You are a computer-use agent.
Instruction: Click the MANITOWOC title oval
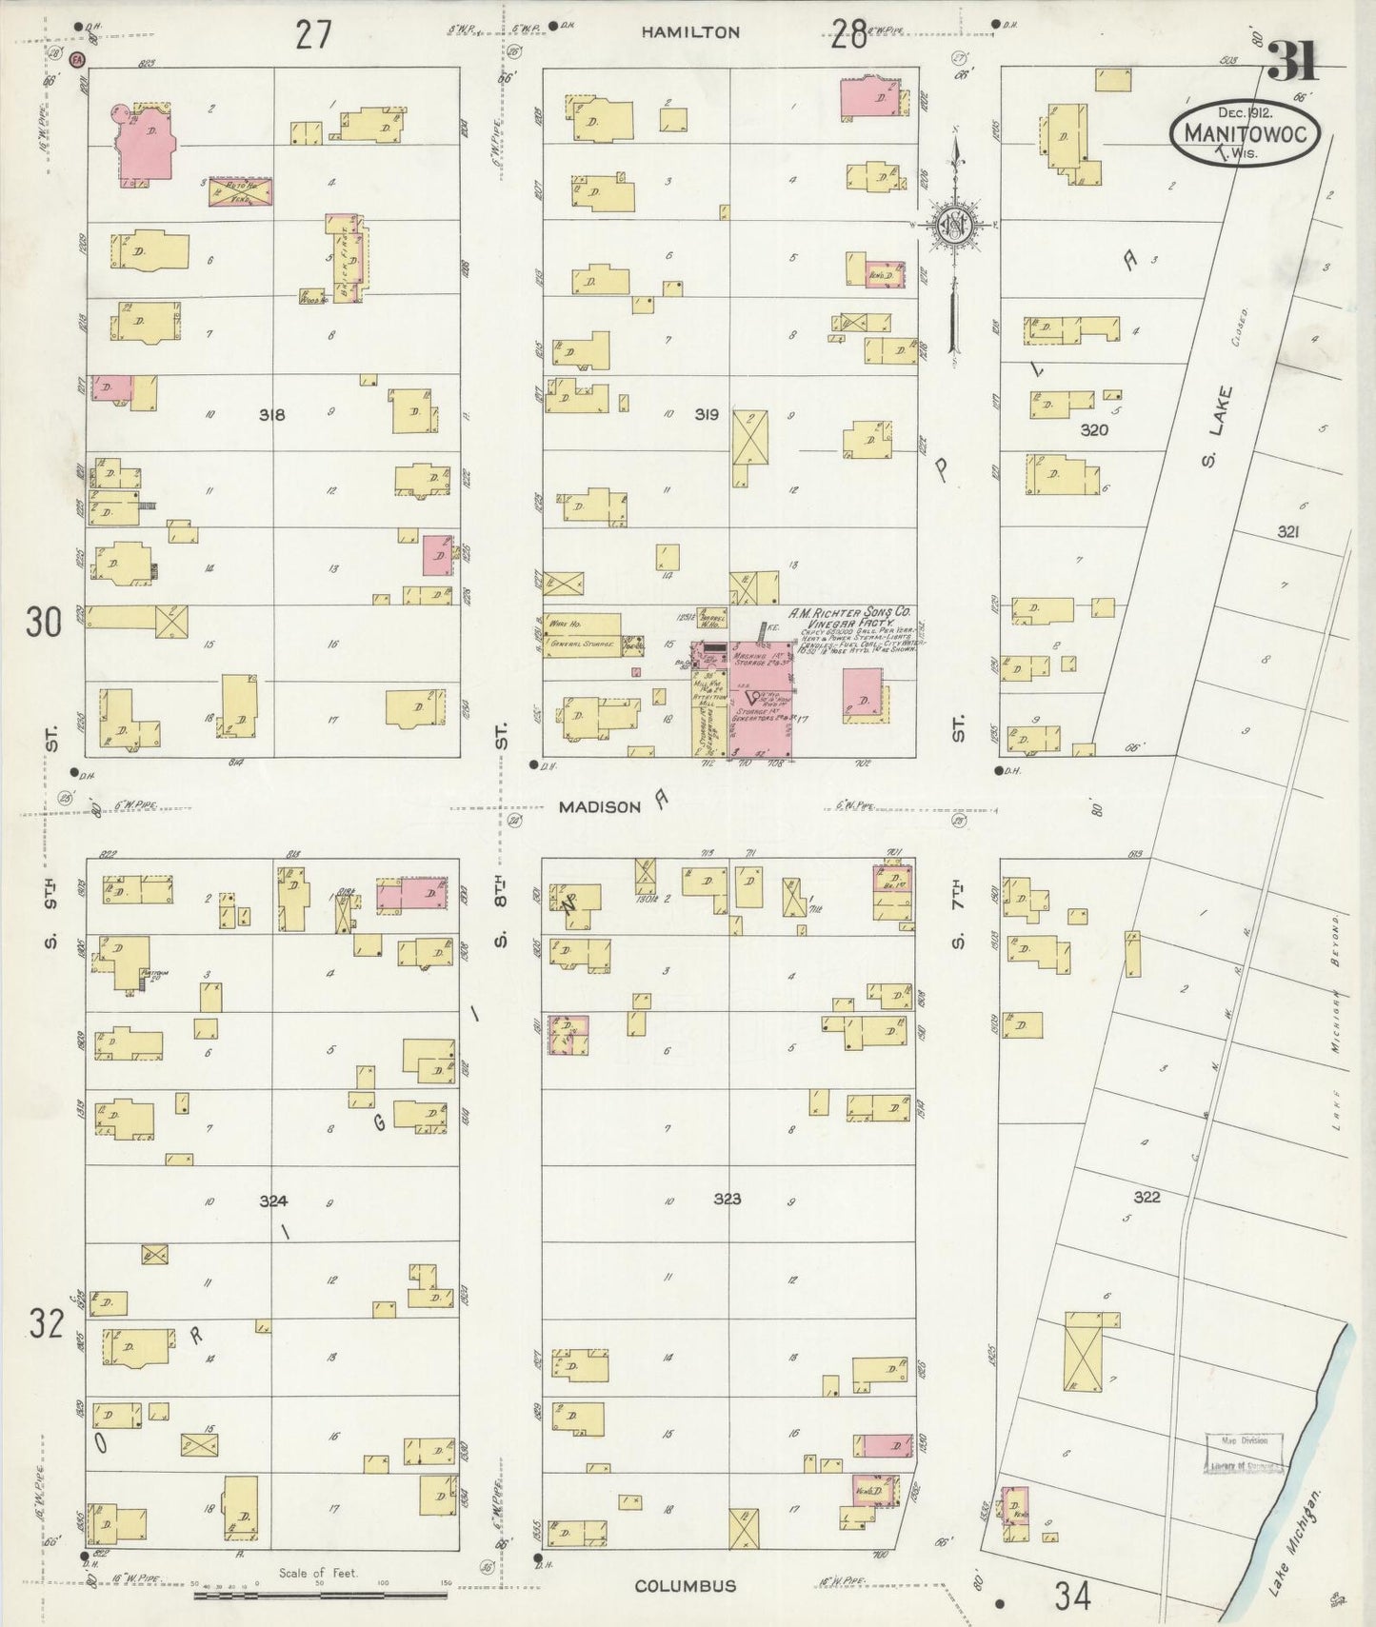1244,134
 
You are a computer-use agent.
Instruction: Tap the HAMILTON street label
689,32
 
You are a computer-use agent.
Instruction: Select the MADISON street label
599,806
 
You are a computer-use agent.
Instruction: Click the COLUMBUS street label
685,1586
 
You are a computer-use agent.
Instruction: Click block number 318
272,415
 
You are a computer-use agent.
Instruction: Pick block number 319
706,415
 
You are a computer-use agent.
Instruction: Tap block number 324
273,1201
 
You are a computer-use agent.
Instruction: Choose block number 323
727,1199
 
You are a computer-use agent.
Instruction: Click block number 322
1147,1197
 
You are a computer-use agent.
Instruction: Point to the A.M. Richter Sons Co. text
850,613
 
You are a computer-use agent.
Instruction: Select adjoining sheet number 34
1072,1594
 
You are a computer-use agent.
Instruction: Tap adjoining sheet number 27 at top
312,34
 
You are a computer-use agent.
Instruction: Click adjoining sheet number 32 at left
45,1323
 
